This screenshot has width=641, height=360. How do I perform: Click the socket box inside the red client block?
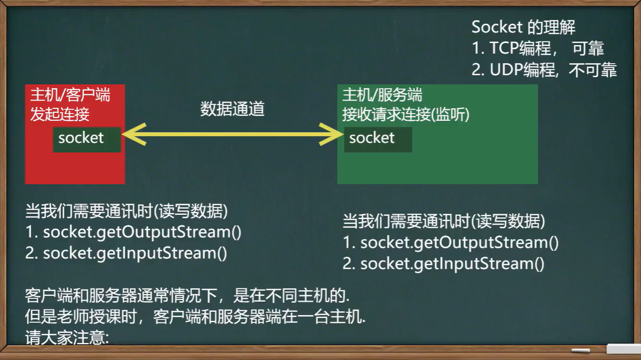tap(86, 138)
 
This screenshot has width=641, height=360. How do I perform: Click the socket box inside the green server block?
tap(377, 138)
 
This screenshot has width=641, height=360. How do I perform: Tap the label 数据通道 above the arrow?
tap(233, 109)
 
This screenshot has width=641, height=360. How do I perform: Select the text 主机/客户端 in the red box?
tap(70, 95)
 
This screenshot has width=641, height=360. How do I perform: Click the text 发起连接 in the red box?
tap(60, 114)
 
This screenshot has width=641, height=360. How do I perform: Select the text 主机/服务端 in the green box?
tap(382, 95)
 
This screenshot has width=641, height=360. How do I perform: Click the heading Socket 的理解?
tap(523, 27)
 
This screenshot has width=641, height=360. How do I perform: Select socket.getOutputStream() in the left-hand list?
tap(142, 232)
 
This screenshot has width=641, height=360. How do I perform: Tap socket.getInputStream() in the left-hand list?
tap(135, 253)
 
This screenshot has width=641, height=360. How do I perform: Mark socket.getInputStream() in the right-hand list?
tap(452, 264)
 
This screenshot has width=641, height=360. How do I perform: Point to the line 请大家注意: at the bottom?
tap(67, 338)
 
